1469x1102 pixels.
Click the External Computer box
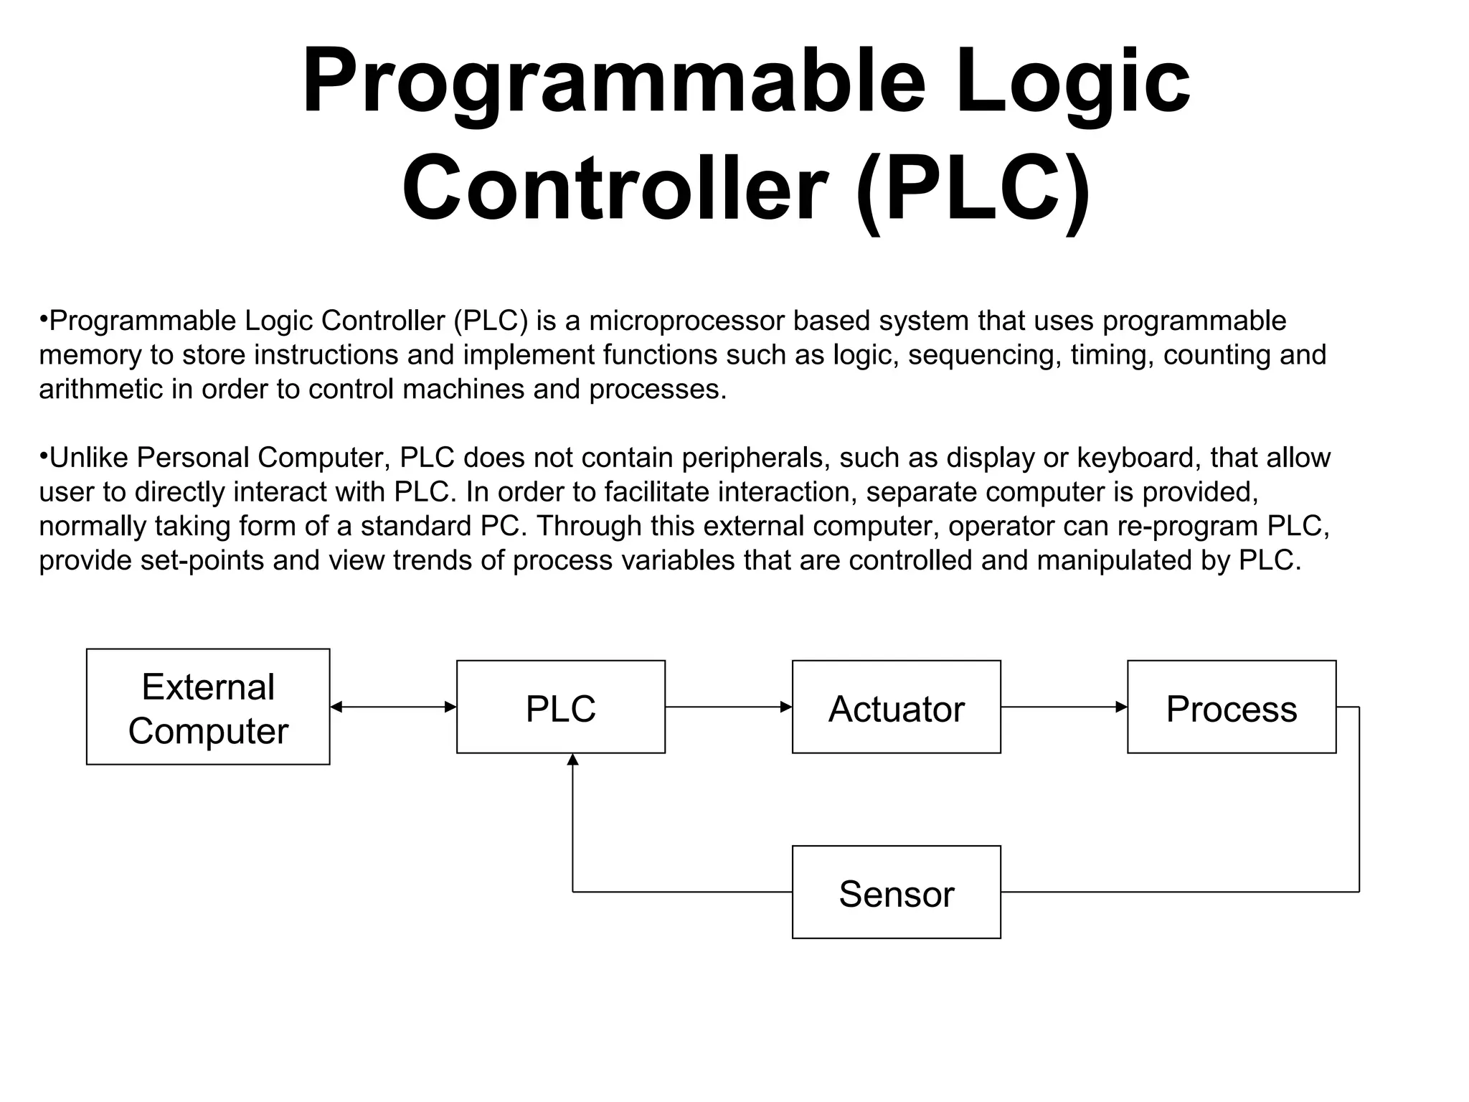(208, 707)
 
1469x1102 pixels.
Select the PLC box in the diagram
(561, 707)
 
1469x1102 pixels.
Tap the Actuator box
(896, 707)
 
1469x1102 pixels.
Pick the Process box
(1232, 707)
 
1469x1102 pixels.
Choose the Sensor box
(896, 893)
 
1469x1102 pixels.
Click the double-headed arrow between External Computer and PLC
(393, 707)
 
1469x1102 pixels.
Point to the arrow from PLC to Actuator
(728, 707)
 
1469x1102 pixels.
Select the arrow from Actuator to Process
(1064, 707)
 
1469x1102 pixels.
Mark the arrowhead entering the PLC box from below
(572, 760)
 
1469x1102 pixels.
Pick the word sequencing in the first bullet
(984, 355)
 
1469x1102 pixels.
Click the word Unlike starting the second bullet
(88, 458)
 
